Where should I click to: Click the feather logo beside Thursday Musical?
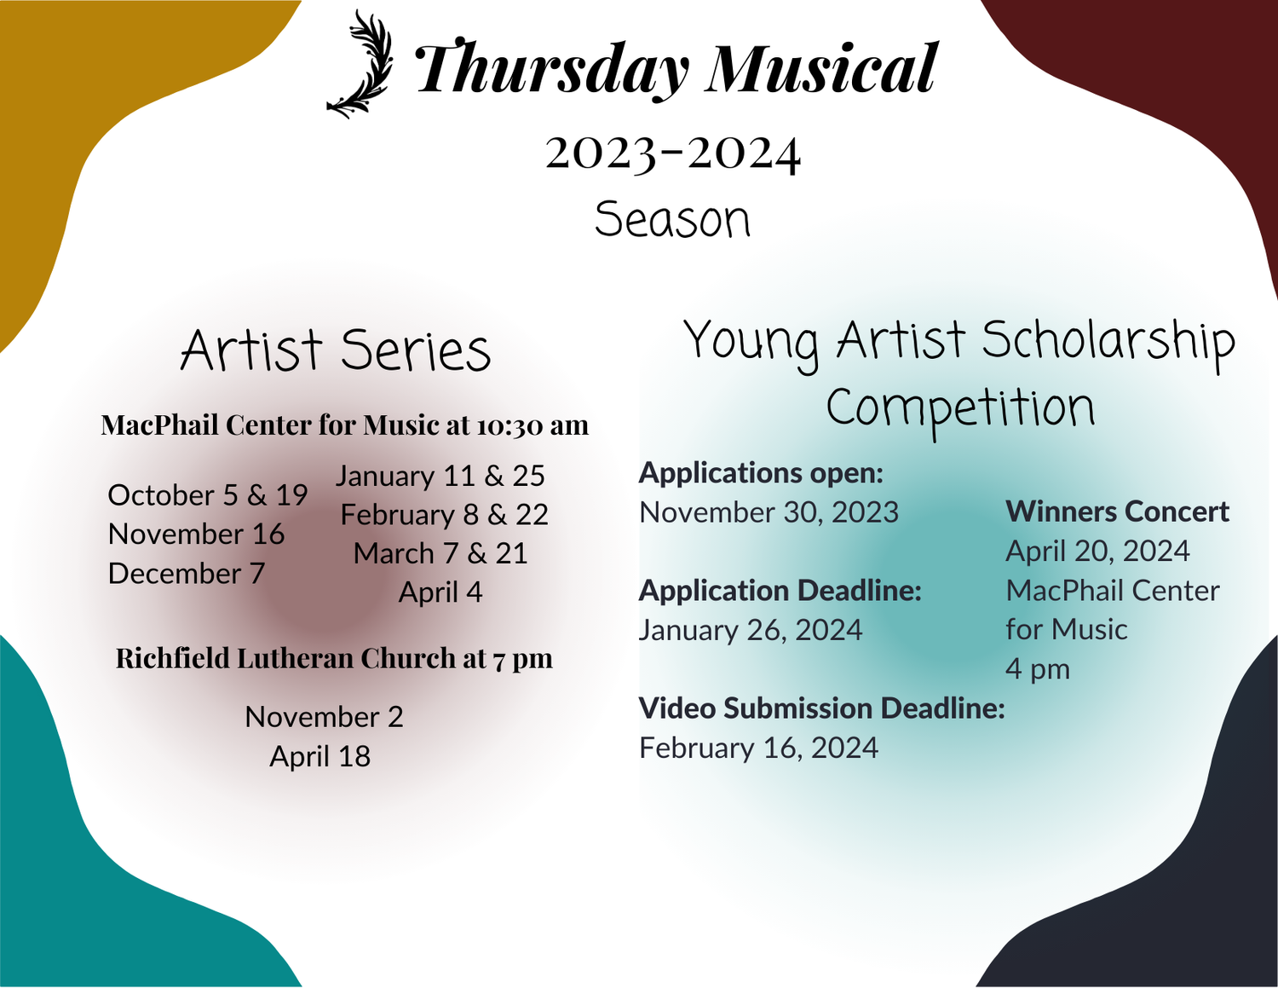(x=361, y=65)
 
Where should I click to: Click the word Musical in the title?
(x=821, y=68)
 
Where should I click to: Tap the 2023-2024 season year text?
(x=673, y=153)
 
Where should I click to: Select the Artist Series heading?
(x=336, y=350)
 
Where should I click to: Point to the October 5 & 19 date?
(x=207, y=495)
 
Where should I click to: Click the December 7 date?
(x=187, y=574)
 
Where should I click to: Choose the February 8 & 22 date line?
(x=444, y=515)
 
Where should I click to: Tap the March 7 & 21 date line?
(x=440, y=554)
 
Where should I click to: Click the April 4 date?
(x=440, y=592)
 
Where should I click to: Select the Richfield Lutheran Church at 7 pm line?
(x=334, y=658)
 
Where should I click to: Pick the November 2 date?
(x=324, y=717)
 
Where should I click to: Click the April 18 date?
(x=320, y=756)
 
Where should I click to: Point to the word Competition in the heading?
(x=960, y=408)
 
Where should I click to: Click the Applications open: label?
(x=761, y=473)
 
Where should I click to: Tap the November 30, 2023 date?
(x=769, y=512)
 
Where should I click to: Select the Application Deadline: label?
(x=780, y=591)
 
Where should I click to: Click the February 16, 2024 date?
(x=758, y=748)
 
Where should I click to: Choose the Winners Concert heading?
(x=1117, y=511)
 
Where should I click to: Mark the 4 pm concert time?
(x=1037, y=668)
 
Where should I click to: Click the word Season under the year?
(x=672, y=220)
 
